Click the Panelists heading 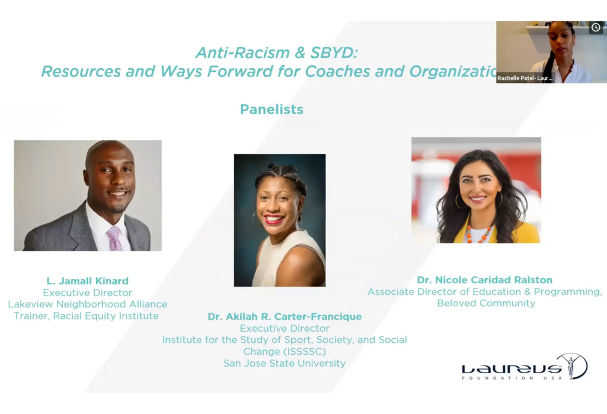tap(271, 110)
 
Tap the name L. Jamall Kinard tap(87, 281)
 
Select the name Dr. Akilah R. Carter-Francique tap(285, 316)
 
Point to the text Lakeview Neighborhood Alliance tap(87, 304)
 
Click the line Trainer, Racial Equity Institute tap(87, 316)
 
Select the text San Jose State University tap(285, 363)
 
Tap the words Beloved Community tap(486, 303)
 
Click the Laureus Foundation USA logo tap(524, 367)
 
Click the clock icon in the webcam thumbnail tap(595, 28)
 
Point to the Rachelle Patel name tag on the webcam tap(525, 78)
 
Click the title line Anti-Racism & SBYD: tap(277, 53)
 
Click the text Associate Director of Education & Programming tap(484, 292)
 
